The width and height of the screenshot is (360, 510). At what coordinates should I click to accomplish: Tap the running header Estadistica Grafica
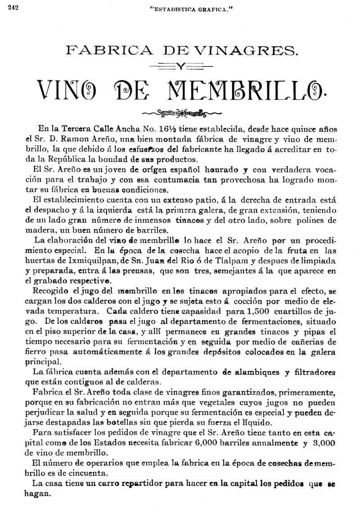tap(181, 8)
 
